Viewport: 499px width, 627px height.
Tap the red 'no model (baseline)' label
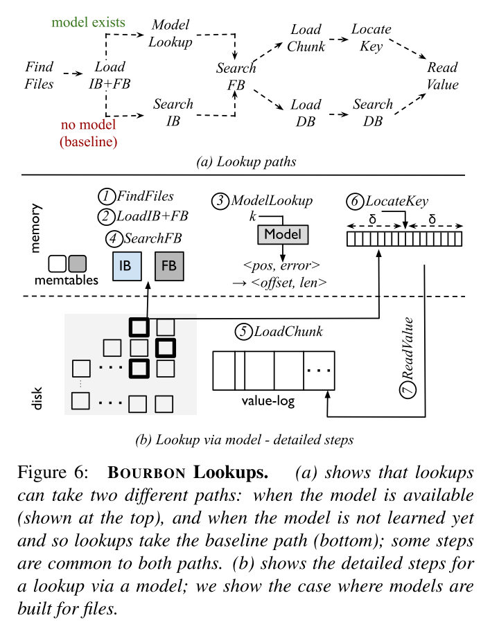(x=88, y=134)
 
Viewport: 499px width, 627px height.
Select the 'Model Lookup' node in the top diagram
(x=170, y=34)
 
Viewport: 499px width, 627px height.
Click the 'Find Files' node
(x=39, y=76)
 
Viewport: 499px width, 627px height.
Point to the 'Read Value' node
(x=443, y=76)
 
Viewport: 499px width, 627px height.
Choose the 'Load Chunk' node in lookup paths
(x=306, y=37)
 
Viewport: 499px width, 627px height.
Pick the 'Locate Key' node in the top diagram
(x=371, y=37)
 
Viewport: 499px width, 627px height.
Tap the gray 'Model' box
(x=283, y=234)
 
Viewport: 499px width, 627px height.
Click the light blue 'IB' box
(x=125, y=265)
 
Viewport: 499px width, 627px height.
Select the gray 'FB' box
(x=169, y=265)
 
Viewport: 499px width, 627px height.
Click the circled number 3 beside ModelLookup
(x=220, y=200)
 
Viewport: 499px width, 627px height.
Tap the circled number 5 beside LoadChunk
(x=243, y=331)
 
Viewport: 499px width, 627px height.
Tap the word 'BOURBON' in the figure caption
(x=147, y=474)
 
